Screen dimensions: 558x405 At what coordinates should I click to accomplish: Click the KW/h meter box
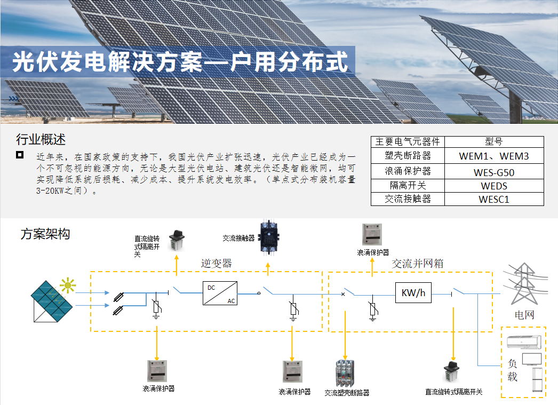point(413,292)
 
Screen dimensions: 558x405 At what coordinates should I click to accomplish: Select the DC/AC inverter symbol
point(220,293)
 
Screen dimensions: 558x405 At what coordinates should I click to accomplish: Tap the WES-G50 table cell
point(494,172)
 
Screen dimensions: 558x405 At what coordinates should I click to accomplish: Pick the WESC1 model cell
point(494,199)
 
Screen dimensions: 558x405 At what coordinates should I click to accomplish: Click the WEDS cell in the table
point(494,186)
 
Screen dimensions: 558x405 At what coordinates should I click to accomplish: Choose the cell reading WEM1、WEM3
point(494,156)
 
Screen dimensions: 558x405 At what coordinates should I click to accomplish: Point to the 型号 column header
point(494,141)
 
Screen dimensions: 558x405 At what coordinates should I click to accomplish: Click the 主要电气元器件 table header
point(408,141)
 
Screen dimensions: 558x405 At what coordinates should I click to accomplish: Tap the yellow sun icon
point(68,285)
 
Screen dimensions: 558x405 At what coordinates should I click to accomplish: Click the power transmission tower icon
point(524,284)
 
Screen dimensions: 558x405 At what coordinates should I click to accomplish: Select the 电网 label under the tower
point(524,315)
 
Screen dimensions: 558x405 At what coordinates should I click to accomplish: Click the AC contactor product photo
point(269,237)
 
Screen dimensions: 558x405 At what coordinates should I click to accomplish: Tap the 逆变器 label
point(217,264)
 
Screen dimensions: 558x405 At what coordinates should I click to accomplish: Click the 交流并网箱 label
point(417,264)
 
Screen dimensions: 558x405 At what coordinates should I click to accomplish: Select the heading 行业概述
point(41,139)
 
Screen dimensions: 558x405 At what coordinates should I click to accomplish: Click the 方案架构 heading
point(45,234)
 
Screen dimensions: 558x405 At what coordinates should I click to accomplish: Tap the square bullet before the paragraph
point(20,154)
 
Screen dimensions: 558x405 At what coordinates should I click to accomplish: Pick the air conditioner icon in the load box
point(524,342)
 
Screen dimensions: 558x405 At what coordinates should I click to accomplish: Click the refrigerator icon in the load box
point(537,380)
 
